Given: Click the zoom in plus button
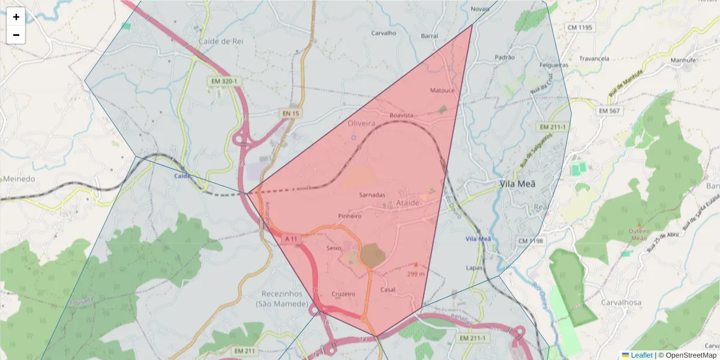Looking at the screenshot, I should coord(16,17).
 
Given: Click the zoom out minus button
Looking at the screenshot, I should coord(16,35).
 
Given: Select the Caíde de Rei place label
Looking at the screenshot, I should coord(219,41).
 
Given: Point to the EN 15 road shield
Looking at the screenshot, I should coord(291,113).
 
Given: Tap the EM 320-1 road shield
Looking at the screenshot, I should coord(224,81).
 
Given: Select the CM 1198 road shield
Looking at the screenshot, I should coord(530,241).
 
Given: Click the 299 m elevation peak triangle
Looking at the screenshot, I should coord(416,264).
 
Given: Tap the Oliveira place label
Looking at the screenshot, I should coord(361,123).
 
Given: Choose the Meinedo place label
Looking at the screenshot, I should coord(19,179).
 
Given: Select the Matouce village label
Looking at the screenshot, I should coord(443,91).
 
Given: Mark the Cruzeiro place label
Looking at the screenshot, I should coord(343,294).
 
